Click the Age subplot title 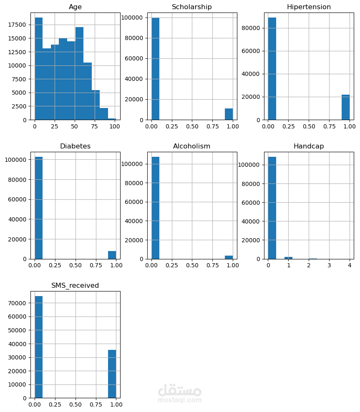point(75,7)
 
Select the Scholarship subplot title point(192,7)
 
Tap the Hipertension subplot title point(309,7)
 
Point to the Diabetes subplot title point(75,146)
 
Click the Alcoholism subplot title point(192,146)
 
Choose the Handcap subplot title point(309,146)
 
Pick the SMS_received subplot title point(75,286)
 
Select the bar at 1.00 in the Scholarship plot point(229,114)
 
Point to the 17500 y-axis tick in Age point(19,25)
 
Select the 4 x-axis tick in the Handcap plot point(350,265)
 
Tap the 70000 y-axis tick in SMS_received point(19,303)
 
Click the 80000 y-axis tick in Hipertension point(252,28)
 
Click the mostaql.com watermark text point(180,400)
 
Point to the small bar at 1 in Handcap point(289,258)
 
